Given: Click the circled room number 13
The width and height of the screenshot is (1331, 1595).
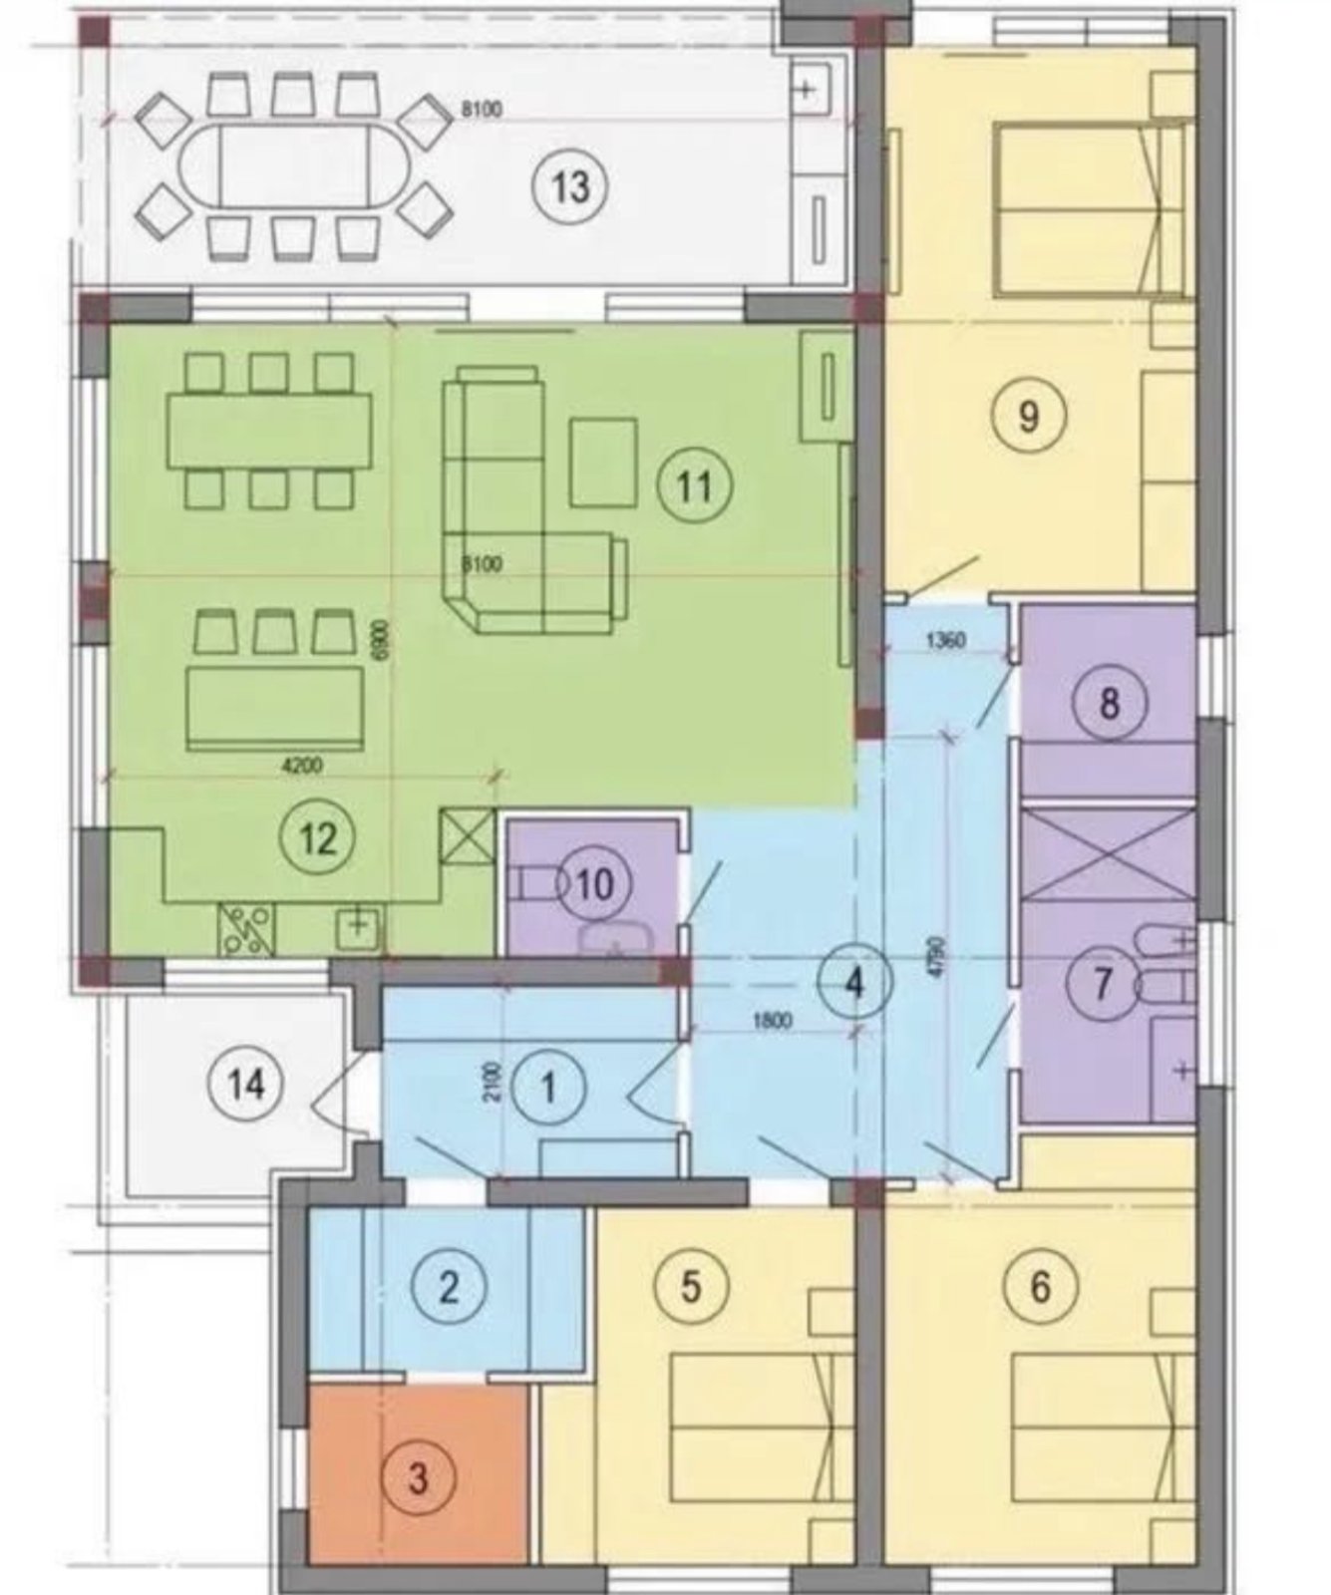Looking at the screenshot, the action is [x=570, y=186].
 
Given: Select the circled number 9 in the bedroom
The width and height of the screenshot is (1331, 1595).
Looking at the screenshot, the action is [x=1028, y=415].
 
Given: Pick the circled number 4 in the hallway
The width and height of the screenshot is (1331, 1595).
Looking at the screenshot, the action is [x=853, y=983].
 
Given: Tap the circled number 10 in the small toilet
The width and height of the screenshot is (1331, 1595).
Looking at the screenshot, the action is [x=595, y=883].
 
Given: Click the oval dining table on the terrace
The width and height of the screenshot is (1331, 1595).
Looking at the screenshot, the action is [x=294, y=166].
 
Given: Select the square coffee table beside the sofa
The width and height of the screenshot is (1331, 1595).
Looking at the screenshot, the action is [x=603, y=463].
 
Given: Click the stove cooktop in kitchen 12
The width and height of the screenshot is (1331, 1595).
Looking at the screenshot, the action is [x=245, y=929].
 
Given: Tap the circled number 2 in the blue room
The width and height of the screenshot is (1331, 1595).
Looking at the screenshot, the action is [x=449, y=1287].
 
